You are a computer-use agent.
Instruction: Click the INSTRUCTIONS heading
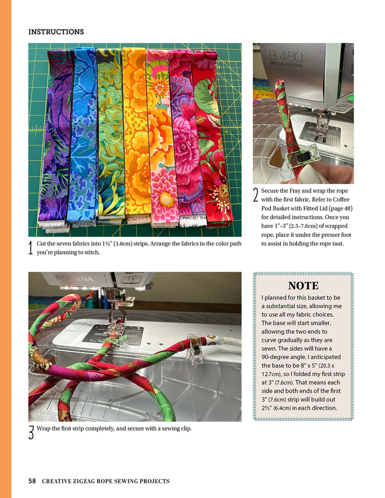(x=56, y=32)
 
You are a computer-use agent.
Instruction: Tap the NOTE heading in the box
(x=303, y=286)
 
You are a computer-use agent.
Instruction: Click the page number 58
(x=32, y=481)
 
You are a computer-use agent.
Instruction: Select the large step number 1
(x=31, y=248)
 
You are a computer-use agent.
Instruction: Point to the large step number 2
(x=256, y=195)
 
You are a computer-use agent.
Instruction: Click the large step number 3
(x=31, y=433)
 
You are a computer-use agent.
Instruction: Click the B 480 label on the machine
(x=286, y=57)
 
